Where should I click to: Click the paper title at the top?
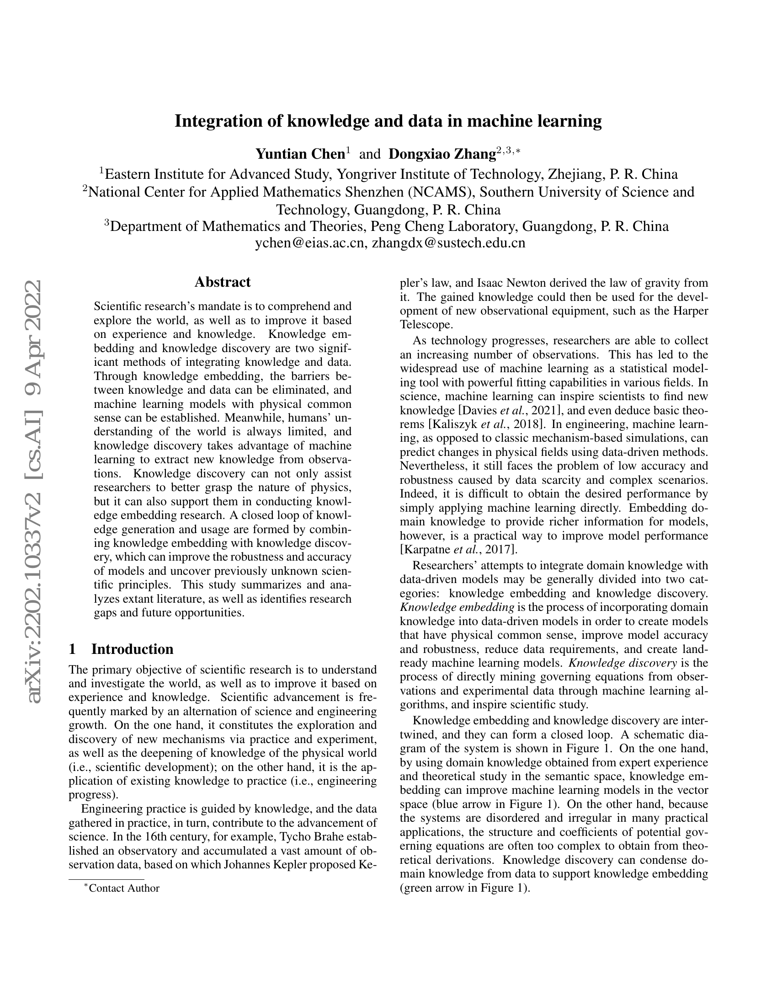click(388, 121)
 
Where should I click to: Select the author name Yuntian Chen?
click(300, 154)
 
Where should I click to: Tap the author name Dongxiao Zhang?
click(442, 154)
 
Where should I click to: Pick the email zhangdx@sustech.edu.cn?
click(448, 243)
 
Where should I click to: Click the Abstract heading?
click(222, 282)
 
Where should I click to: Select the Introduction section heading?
click(132, 649)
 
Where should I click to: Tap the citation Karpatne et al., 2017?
click(458, 550)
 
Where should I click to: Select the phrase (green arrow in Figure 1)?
click(465, 888)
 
